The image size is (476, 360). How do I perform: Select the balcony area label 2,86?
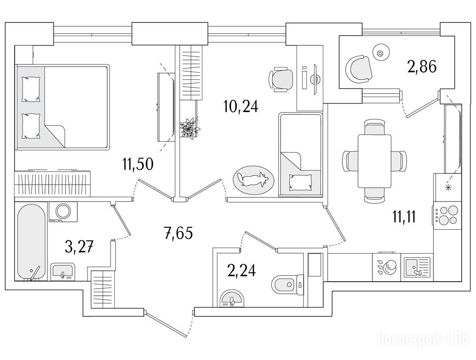(422, 67)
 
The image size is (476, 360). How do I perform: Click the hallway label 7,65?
(178, 232)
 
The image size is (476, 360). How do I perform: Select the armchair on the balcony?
(358, 68)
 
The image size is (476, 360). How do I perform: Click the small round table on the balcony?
(380, 53)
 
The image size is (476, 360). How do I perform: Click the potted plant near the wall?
(189, 127)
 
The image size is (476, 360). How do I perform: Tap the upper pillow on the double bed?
(31, 89)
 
